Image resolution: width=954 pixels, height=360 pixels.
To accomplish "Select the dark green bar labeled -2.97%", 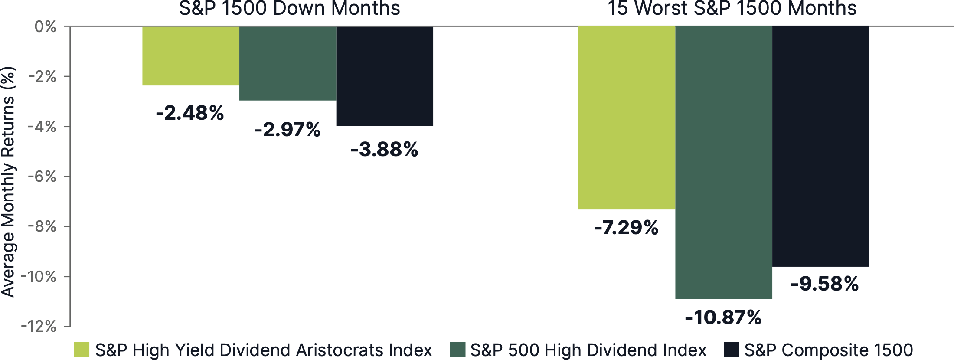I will point(288,63).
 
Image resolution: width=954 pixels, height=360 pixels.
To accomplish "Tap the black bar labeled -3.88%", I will point(385,76).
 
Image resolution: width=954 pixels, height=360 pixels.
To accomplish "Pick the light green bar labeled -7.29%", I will point(627,118).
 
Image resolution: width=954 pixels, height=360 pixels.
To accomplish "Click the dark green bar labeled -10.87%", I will point(724,162).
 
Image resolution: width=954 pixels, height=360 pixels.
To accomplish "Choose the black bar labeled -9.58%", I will point(820,146).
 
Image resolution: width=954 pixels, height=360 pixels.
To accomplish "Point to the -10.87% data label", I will point(723,317).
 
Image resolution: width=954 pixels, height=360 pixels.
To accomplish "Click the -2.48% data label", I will point(190,113).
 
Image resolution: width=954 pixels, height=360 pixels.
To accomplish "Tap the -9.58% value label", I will point(824,284).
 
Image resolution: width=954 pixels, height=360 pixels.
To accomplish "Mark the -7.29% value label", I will point(626,228).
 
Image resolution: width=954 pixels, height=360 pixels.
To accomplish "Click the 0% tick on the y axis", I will point(46,27).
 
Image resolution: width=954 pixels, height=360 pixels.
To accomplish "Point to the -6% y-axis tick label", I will point(42,177).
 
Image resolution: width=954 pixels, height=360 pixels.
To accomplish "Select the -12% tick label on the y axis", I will point(39,326).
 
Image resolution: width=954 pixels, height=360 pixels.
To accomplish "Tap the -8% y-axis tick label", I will point(42,226).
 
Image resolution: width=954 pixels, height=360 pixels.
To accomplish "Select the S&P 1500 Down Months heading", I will point(289,9).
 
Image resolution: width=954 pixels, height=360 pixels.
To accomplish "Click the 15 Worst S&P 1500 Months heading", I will point(732,9).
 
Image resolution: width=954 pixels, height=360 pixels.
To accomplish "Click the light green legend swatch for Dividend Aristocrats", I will point(82,350).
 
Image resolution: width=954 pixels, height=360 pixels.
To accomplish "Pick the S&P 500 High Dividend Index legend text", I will point(588,350).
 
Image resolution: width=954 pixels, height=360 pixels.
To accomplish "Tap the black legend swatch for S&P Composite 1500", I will point(732,350).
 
